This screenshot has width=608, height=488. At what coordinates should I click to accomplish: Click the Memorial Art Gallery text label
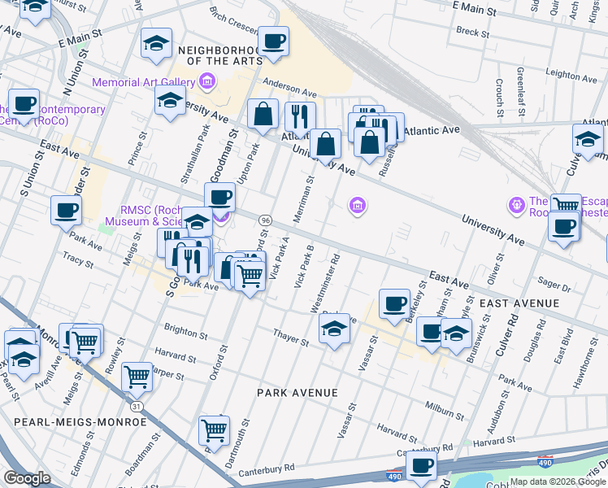coord(143,82)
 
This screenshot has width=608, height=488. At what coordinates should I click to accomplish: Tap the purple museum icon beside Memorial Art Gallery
coord(206,82)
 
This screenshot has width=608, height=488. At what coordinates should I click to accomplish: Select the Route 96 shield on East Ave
coord(265,220)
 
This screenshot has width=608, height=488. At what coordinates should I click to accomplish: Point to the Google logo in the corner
coord(27,478)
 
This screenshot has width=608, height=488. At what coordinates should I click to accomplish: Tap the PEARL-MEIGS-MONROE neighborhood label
coord(80,422)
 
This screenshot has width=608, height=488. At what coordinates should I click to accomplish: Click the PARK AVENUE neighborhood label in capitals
coord(297,393)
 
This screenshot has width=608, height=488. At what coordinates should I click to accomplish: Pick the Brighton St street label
coord(185,332)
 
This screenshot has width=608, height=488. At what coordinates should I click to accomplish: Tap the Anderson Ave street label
coord(290,93)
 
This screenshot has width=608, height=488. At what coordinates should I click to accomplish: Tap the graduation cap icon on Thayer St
coord(333,329)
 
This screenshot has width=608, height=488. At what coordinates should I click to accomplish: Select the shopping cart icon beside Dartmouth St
coord(214,429)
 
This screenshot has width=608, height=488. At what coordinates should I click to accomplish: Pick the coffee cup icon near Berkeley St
coord(395,303)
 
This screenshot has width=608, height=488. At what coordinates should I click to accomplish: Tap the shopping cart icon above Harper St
coord(137,377)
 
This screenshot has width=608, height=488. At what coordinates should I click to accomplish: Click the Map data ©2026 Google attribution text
coord(558,481)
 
